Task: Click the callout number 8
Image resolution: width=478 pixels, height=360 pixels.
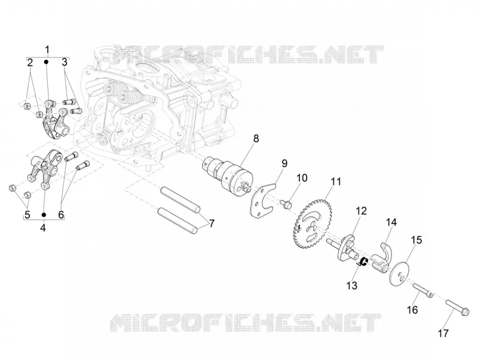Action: pyautogui.click(x=256, y=138)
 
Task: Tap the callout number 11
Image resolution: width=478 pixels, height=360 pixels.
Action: pyautogui.click(x=336, y=182)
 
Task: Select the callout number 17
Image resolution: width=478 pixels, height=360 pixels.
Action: pyautogui.click(x=443, y=333)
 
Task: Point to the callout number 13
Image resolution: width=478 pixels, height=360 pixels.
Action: pyautogui.click(x=352, y=286)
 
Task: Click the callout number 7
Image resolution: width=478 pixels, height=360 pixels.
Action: pyautogui.click(x=211, y=223)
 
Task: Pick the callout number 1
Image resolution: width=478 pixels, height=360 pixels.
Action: pyautogui.click(x=47, y=50)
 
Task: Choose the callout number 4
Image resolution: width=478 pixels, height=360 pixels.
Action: pyautogui.click(x=43, y=227)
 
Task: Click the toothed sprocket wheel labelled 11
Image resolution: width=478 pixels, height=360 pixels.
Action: pyautogui.click(x=310, y=223)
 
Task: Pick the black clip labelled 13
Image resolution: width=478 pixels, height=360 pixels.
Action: pyautogui.click(x=363, y=262)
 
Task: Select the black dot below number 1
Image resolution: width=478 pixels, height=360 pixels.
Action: pyautogui.click(x=47, y=62)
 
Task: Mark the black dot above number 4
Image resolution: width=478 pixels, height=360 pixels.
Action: pyautogui.click(x=44, y=215)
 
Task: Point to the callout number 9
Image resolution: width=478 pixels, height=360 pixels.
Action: pyautogui.click(x=284, y=163)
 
